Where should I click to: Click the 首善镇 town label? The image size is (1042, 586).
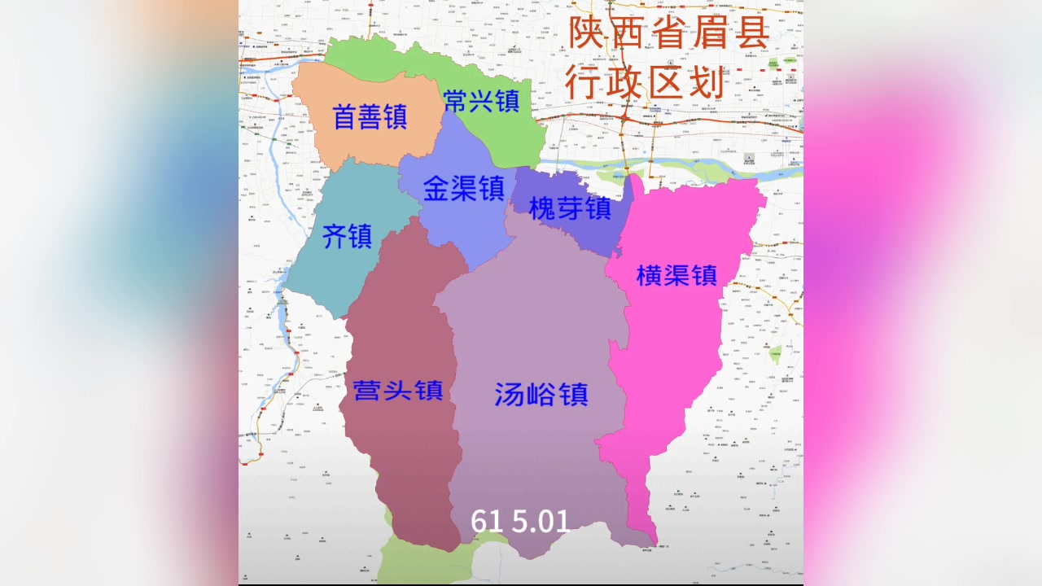point(370,117)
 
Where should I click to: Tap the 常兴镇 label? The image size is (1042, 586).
point(482,101)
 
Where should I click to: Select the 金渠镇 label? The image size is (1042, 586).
point(464,189)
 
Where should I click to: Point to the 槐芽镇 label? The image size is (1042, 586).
point(570,208)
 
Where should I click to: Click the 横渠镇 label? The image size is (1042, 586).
point(676,275)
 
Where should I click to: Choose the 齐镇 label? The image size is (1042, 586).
point(347,237)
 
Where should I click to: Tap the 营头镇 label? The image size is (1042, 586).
point(397,391)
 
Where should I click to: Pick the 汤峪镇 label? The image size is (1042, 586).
point(541,395)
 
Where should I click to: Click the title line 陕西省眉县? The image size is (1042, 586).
point(668,33)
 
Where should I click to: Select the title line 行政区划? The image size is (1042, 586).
point(646,83)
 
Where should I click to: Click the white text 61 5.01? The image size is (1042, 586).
point(520,521)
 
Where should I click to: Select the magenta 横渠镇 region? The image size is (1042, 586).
point(668,342)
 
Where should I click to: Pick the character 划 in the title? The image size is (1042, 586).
point(706,83)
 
